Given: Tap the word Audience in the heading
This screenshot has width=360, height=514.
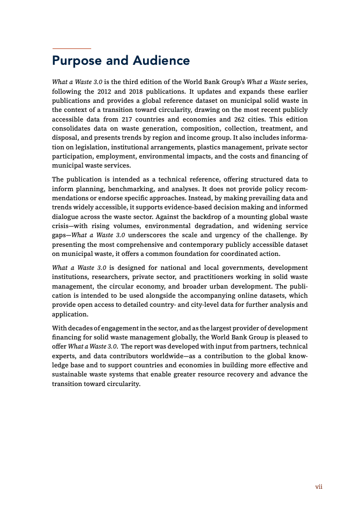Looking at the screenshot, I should (x=160, y=61).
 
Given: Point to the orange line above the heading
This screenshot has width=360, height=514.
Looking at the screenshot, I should (x=71, y=49).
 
